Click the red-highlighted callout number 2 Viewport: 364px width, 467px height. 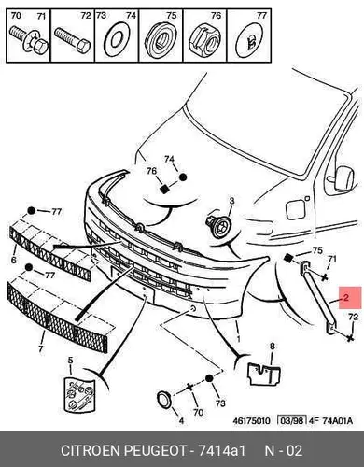[346, 298]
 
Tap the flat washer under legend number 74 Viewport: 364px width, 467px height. [117, 39]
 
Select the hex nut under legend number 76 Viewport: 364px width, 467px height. [205, 38]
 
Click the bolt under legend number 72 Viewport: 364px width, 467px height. [73, 40]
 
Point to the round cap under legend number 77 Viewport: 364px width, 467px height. [250, 39]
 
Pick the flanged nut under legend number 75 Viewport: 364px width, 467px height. [161, 38]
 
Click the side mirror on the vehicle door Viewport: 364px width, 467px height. [343, 177]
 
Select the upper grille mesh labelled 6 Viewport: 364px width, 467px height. [50, 252]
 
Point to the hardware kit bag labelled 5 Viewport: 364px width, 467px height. [78, 395]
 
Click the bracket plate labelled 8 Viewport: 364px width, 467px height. [264, 373]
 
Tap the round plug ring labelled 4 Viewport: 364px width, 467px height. [163, 401]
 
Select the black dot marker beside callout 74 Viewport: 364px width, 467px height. [183, 177]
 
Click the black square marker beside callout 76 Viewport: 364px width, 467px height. [164, 189]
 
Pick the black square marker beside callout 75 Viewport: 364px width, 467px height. [288, 258]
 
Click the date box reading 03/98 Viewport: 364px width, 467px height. [291, 421]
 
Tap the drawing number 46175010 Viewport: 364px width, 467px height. [251, 421]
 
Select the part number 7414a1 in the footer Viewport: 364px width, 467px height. [222, 451]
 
